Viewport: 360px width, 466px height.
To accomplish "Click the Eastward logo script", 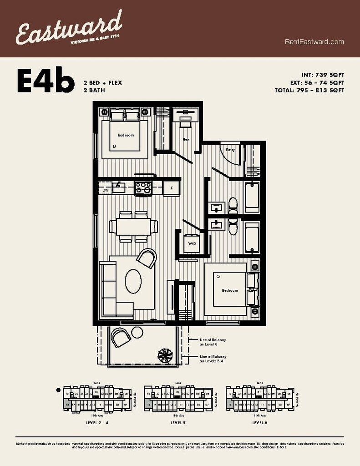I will (68, 28).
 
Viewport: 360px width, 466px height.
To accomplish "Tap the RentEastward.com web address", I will (314, 42).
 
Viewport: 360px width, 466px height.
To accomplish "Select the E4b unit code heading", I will (46, 81).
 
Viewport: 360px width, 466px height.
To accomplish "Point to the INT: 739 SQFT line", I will (323, 75).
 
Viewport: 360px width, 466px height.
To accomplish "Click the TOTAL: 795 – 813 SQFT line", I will (316, 90).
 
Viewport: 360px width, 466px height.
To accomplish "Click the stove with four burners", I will (143, 188).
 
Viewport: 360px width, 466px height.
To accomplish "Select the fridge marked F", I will (172, 188).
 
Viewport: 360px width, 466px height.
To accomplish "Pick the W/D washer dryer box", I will (192, 244).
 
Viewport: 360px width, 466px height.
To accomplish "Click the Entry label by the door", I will (230, 150).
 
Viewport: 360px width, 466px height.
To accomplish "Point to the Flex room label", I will (186, 139).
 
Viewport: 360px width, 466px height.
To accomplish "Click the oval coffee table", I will (133, 281).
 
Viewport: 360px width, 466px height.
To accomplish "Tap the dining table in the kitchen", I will (133, 226).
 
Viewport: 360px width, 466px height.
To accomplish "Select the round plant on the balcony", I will (164, 355).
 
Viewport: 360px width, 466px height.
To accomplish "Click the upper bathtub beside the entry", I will (252, 198).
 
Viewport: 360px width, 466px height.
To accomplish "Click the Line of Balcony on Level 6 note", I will (213, 342).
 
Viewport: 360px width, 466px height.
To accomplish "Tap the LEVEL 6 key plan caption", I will (259, 423).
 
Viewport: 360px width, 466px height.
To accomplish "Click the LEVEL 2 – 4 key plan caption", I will (97, 423).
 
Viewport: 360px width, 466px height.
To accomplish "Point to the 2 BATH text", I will (94, 90).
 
